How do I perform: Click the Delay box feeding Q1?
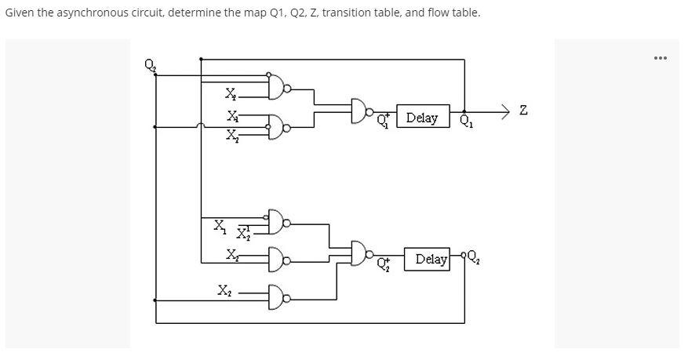(423, 118)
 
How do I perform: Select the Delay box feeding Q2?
(427, 259)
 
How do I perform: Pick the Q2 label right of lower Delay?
(473, 260)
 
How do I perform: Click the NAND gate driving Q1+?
(362, 111)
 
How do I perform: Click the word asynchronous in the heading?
(82, 13)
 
